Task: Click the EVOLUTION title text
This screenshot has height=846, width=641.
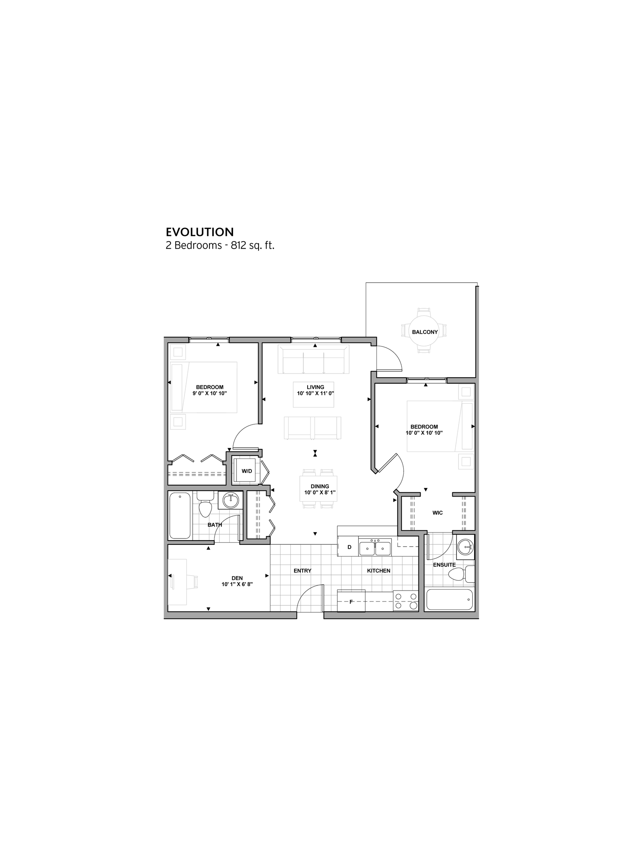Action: (200, 232)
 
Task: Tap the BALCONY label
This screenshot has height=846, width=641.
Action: (424, 332)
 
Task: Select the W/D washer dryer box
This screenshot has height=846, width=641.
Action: (246, 471)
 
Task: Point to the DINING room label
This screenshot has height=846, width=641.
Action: (319, 489)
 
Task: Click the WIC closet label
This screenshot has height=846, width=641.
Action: (437, 513)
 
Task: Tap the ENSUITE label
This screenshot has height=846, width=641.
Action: (444, 565)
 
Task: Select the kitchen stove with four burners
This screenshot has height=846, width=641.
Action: (405, 601)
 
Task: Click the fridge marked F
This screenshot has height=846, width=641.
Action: (351, 601)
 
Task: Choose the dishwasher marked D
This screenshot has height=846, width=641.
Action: (349, 547)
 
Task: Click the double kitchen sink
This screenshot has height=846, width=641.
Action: (375, 548)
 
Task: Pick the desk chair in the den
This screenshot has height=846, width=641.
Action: (197, 581)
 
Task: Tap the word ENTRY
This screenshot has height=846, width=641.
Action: (302, 571)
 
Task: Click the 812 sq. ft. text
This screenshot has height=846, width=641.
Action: (253, 245)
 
